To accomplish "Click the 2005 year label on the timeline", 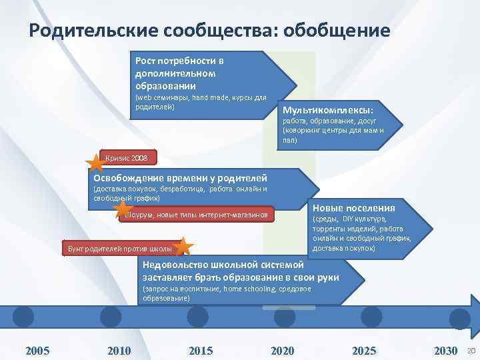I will point(37,351).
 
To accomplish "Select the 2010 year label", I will point(119,351).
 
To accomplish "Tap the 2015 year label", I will point(201,351).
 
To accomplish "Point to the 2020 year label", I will point(282,351).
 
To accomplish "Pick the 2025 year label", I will point(364,351).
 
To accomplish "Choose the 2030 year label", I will point(445,351).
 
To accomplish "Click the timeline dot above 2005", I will point(23,315).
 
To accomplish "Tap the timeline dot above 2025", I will point(372,315).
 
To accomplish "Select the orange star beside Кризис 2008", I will point(95,162).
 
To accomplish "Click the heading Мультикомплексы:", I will point(328,109).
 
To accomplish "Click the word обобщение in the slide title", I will point(337,31).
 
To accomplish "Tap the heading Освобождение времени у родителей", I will point(180,178).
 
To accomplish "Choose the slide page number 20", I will point(471,351).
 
